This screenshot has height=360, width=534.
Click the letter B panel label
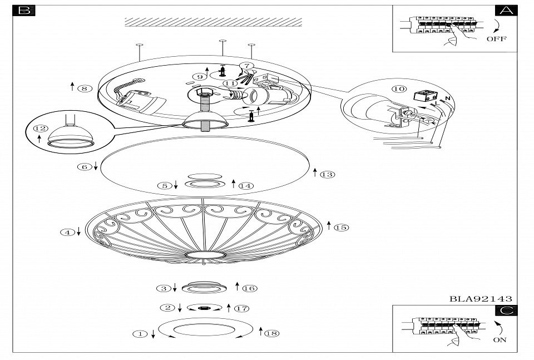(25, 11)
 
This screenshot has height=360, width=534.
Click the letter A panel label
(506, 11)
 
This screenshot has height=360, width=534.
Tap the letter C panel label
(506, 311)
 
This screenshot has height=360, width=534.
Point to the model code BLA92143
(481, 299)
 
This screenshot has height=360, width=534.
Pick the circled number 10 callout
(398, 89)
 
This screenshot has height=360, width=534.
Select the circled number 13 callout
(328, 174)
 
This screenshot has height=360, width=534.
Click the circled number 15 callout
(341, 227)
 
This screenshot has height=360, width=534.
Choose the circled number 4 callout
(67, 233)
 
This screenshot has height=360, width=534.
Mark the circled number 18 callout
(272, 333)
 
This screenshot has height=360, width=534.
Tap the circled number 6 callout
(84, 166)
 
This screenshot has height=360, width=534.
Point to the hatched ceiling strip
(213, 22)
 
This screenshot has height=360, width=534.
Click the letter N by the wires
(448, 98)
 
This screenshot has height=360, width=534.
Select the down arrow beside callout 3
(175, 288)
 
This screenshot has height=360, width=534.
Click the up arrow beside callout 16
(238, 287)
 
